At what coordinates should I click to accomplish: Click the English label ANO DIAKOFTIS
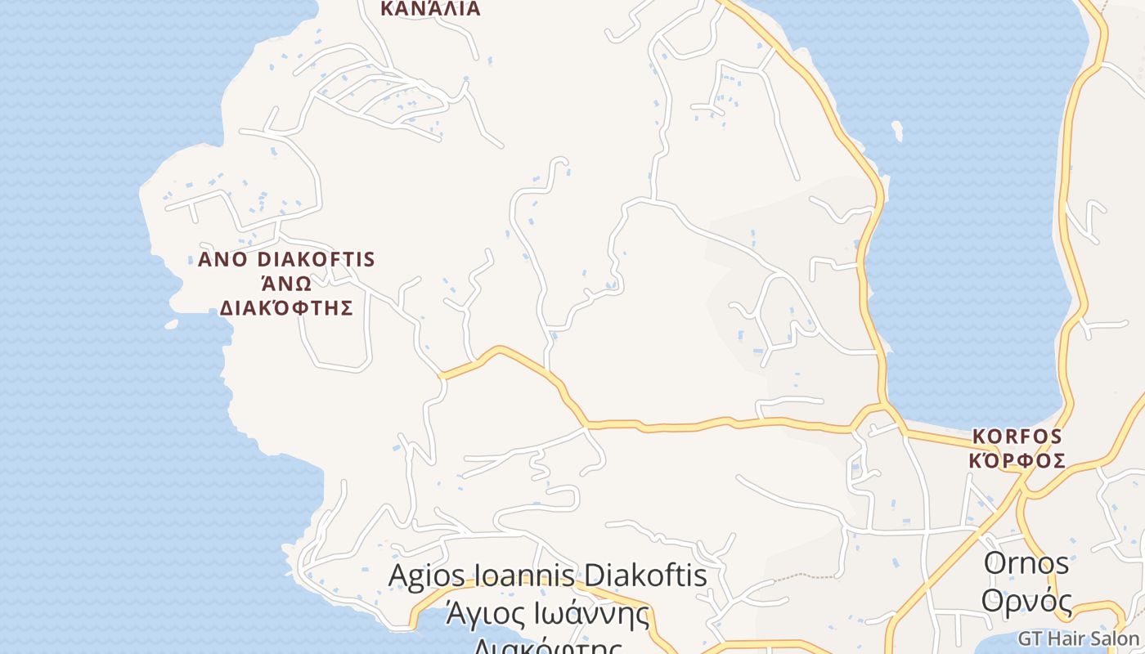286,260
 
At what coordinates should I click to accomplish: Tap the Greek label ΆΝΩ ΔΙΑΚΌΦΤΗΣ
286,296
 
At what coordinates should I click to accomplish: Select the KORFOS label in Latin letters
1017,437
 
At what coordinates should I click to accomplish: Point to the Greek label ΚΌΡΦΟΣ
1017,461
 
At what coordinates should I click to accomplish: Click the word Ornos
1026,563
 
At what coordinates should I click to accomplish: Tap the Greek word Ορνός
1026,601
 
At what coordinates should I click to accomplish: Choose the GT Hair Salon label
1078,638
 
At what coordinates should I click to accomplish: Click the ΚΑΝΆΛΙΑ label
430,9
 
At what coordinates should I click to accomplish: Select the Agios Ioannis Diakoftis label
547,575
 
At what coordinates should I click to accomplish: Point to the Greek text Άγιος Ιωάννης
547,613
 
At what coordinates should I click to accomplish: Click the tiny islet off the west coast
171,325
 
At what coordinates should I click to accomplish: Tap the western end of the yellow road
442,376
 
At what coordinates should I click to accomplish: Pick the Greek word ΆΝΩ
286,284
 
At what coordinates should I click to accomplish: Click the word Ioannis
526,575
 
